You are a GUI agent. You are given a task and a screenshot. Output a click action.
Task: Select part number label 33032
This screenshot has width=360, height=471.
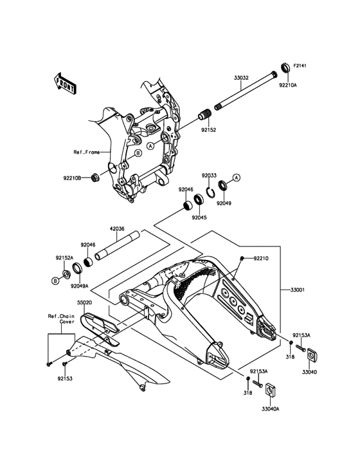tap(241, 77)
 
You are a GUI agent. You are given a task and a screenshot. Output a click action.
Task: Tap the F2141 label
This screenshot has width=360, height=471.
tap(300, 66)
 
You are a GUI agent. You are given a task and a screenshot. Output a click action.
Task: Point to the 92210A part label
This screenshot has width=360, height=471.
tap(288, 85)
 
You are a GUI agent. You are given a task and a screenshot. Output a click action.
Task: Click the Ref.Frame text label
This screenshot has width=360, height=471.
tap(86, 152)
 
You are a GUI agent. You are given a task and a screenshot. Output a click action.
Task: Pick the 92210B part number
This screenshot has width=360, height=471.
tap(72, 178)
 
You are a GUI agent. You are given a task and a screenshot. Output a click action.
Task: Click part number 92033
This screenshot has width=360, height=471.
tap(209, 176)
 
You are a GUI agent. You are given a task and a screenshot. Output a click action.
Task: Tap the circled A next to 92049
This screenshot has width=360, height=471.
tap(237, 178)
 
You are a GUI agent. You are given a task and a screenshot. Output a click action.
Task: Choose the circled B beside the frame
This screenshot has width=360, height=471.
tap(138, 153)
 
